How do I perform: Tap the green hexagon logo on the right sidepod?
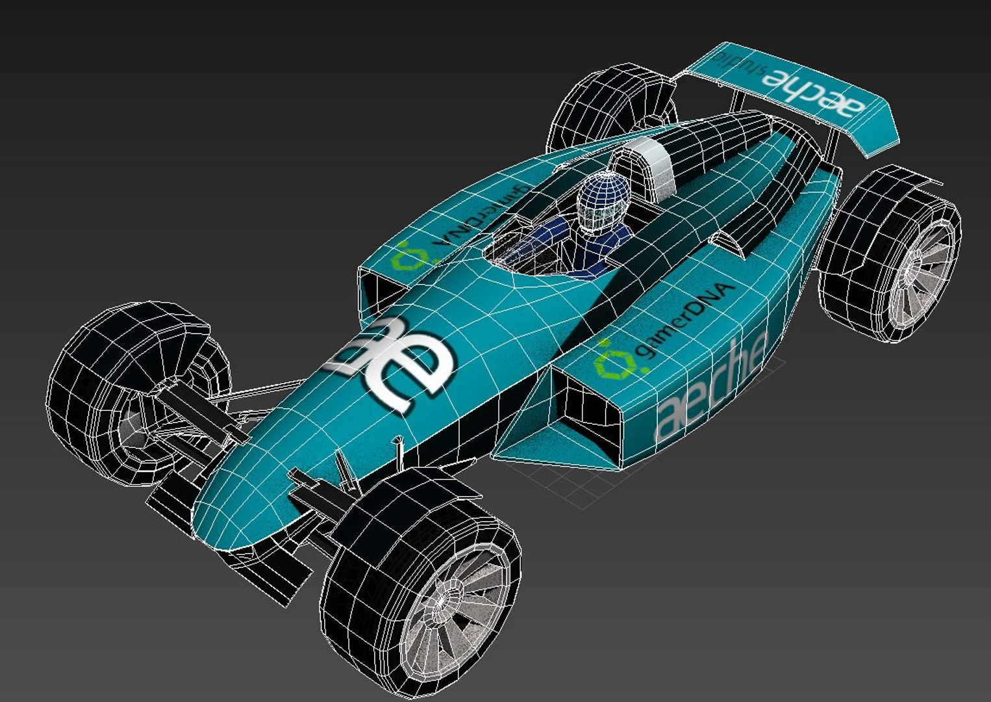click(614, 361)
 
